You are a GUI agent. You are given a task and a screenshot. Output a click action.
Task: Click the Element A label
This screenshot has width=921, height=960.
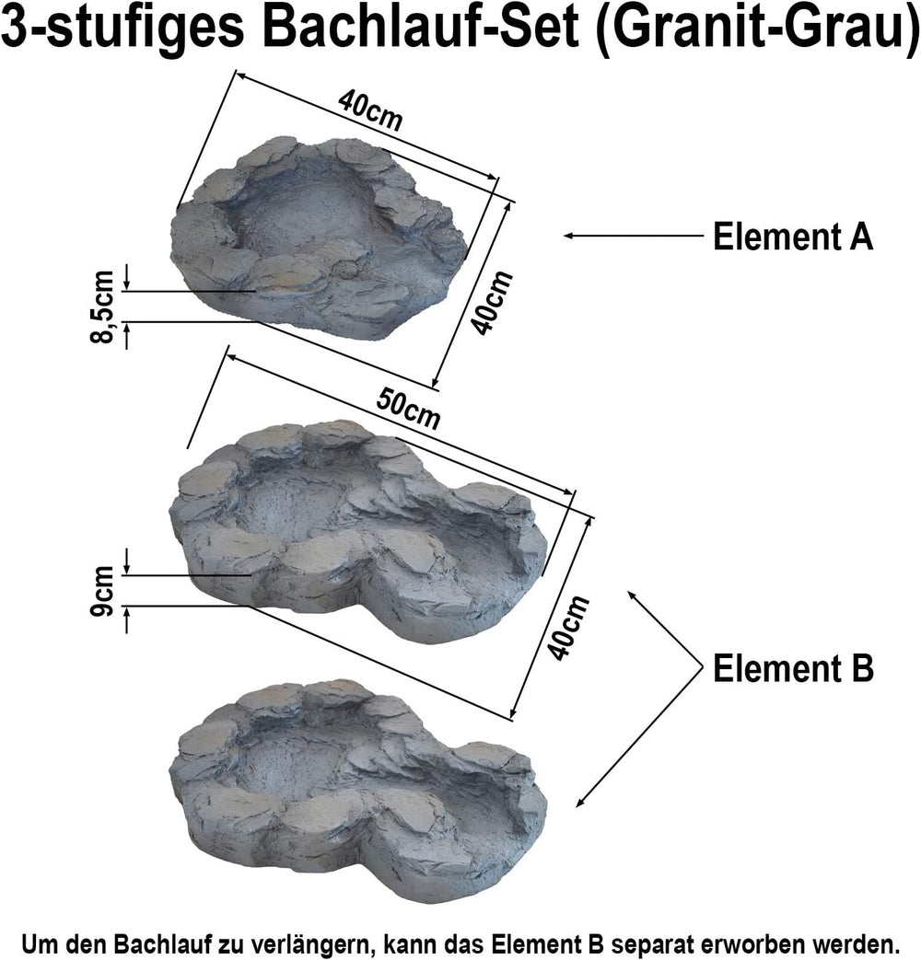(793, 237)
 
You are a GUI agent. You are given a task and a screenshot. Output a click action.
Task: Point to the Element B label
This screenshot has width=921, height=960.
(793, 668)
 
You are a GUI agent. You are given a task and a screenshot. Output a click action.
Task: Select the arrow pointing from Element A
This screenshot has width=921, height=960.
(634, 235)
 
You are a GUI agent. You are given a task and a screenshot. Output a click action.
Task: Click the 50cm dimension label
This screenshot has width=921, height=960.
(408, 409)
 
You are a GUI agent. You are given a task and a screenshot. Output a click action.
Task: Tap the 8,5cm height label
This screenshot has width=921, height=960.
(102, 307)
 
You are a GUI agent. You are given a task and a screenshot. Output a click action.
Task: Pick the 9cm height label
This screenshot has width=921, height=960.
(102, 591)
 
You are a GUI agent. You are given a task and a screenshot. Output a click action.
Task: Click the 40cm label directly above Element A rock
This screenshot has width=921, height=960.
(370, 110)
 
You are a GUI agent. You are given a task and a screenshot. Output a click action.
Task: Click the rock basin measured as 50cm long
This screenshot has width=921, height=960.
(358, 530)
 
